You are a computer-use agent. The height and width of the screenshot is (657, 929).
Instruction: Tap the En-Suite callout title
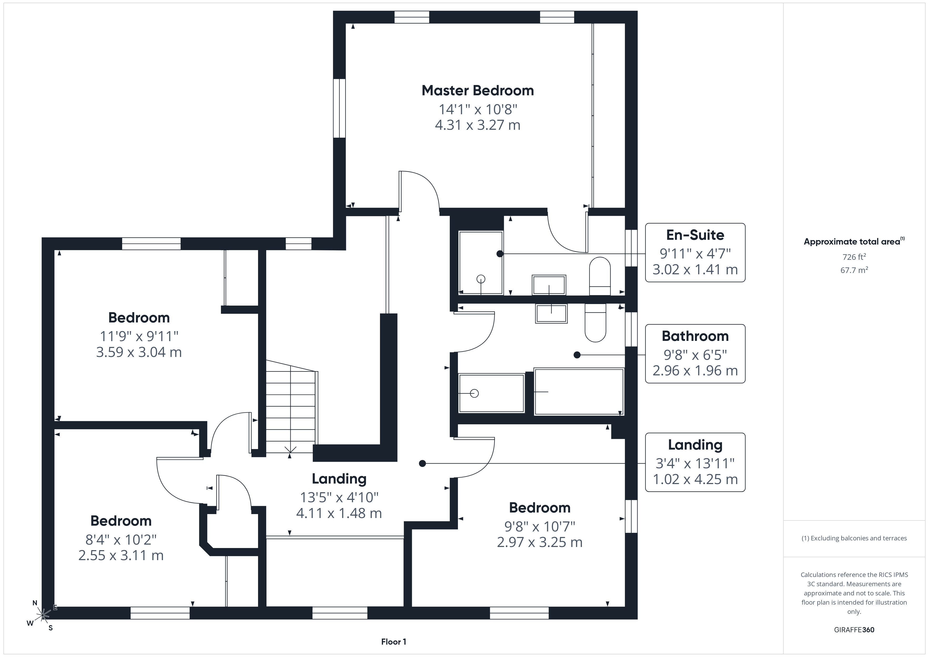point(695,235)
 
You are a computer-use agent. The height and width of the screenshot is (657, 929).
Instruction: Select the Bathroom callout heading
point(695,336)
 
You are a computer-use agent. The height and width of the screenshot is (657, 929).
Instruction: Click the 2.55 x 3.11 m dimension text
point(121,555)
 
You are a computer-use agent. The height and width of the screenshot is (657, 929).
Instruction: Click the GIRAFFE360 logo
point(854,630)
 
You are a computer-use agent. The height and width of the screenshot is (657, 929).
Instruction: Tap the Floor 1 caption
point(394,642)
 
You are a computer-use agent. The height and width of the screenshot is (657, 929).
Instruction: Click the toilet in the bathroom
point(595,323)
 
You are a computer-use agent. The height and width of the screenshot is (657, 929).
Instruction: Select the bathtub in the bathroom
point(579,392)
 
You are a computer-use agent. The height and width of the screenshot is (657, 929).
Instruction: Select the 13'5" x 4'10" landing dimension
point(339,497)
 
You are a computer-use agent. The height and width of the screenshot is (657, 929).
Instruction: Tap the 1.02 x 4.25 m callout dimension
point(695,479)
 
